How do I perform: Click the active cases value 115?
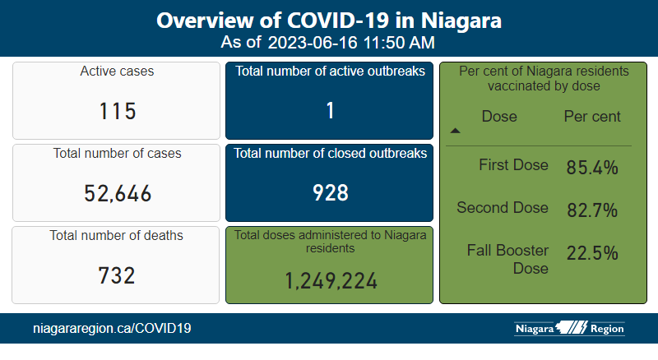click(x=118, y=111)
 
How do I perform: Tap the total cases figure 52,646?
click(x=118, y=193)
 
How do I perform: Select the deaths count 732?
click(x=118, y=275)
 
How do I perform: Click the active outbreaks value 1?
click(x=330, y=111)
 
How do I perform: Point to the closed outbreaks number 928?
click(x=330, y=193)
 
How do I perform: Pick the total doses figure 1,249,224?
click(x=331, y=281)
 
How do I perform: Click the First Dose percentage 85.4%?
click(x=592, y=169)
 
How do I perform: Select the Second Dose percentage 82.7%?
click(x=592, y=210)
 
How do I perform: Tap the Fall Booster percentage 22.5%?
click(x=592, y=254)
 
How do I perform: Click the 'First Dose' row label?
click(x=513, y=165)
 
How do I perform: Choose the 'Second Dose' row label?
click(x=503, y=207)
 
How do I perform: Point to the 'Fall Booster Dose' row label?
click(x=507, y=258)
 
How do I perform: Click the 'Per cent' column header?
click(x=592, y=117)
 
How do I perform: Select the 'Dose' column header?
click(x=499, y=117)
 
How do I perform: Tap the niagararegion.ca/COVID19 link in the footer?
click(x=112, y=329)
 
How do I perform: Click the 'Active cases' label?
click(x=117, y=72)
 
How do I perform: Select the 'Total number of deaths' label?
click(x=118, y=236)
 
